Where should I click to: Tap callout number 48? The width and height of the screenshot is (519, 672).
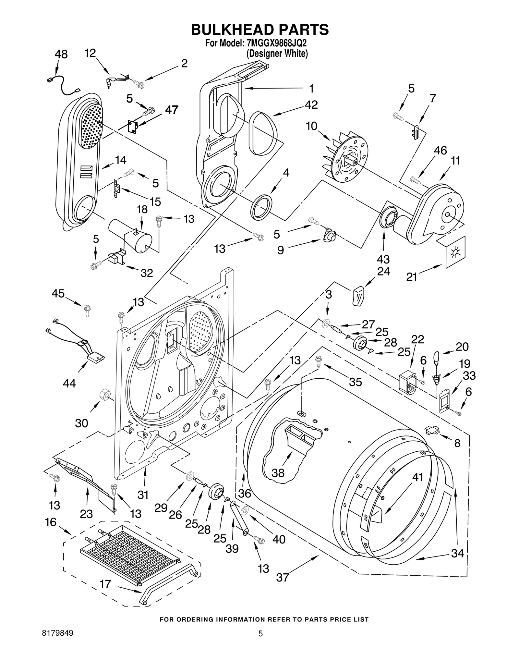(x=61, y=54)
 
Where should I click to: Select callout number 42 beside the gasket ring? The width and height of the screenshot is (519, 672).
(x=311, y=104)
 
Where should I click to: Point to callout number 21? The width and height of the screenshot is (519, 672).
(x=412, y=277)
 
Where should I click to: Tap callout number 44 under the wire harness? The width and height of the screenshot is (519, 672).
(x=69, y=383)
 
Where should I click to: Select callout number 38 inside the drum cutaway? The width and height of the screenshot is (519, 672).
(x=278, y=473)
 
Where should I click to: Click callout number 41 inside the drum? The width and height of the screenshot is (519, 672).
(x=418, y=477)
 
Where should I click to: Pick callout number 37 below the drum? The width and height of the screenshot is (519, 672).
(x=282, y=577)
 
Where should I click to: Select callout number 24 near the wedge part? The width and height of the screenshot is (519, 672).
(x=383, y=271)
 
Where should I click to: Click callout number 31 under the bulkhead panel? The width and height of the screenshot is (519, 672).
(x=143, y=495)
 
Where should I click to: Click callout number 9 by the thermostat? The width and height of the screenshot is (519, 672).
(x=281, y=250)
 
